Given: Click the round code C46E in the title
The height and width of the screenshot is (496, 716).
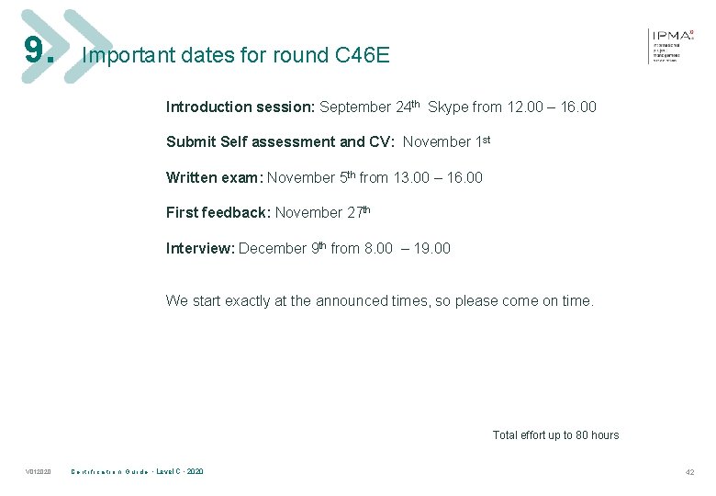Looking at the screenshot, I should pyautogui.click(x=363, y=55).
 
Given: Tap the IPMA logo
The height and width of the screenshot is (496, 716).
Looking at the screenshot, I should pyautogui.click(x=672, y=44).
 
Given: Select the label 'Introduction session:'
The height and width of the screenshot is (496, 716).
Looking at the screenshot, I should pyautogui.click(x=241, y=107).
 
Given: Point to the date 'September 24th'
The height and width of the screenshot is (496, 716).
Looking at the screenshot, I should pyautogui.click(x=369, y=107).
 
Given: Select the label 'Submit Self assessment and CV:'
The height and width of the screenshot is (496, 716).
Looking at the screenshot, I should pyautogui.click(x=280, y=142).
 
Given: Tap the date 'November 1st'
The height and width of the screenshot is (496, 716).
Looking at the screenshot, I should pyautogui.click(x=447, y=142).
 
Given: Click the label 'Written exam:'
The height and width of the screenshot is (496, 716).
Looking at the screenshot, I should pyautogui.click(x=214, y=177).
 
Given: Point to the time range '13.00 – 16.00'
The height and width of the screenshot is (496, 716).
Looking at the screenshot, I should pyautogui.click(x=438, y=177).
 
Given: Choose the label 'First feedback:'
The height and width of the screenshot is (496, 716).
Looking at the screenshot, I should pyautogui.click(x=218, y=213).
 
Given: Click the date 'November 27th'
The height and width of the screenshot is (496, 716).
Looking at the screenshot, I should pyautogui.click(x=322, y=212).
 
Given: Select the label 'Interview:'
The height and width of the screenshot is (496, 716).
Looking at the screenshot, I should pyautogui.click(x=200, y=248).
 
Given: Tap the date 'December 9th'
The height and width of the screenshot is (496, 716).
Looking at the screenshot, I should pyautogui.click(x=281, y=248).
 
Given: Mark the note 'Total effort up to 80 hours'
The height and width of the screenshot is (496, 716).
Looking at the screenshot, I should pyautogui.click(x=555, y=435).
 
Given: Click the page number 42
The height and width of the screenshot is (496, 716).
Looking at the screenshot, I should pyautogui.click(x=689, y=472).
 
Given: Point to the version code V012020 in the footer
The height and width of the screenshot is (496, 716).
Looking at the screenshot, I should pyautogui.click(x=39, y=472).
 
